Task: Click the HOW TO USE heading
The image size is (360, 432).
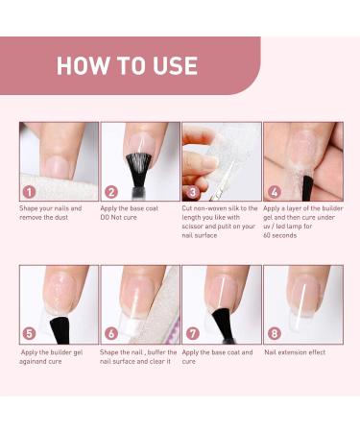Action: point(127,66)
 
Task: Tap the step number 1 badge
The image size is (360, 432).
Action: point(31,192)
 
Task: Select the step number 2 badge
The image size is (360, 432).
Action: point(111,192)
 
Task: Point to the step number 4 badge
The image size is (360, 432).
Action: point(274,192)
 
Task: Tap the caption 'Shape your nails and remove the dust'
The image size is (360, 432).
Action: point(50,212)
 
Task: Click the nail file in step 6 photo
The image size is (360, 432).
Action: point(158,302)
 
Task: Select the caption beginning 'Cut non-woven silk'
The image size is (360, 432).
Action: point(219,217)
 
